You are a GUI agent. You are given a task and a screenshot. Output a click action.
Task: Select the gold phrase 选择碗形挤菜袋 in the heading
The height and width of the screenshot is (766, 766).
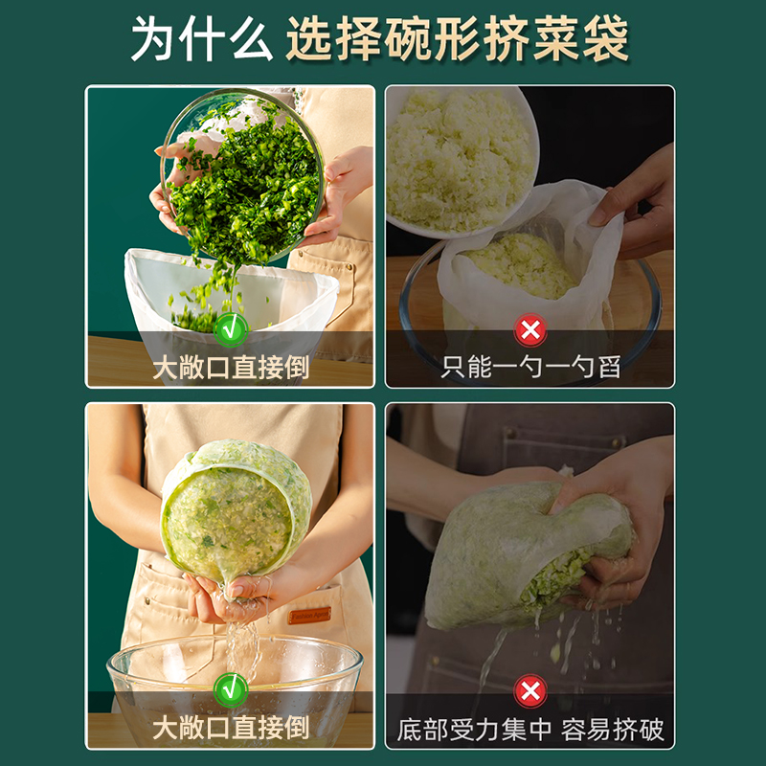[x=457, y=39]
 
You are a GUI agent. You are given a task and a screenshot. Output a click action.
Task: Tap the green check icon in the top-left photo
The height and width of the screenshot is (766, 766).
[x=230, y=329]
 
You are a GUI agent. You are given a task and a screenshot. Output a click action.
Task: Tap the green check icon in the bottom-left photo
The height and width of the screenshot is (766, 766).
[x=230, y=688]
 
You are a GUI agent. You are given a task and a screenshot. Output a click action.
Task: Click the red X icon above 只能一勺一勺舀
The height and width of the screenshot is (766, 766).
[x=529, y=330]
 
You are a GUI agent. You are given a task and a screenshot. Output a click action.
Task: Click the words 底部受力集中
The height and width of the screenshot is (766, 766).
[x=475, y=730]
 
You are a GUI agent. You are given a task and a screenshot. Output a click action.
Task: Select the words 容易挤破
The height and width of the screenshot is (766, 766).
[x=613, y=730]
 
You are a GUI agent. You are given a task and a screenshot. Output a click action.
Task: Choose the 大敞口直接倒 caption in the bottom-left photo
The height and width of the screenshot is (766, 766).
[x=230, y=729]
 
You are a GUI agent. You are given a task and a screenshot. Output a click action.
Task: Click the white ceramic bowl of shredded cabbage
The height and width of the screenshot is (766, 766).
[x=458, y=158]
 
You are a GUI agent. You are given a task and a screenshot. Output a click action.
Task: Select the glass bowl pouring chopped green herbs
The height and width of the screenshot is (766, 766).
[x=244, y=172]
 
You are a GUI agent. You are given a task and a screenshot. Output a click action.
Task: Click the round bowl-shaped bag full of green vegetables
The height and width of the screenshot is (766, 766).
[x=235, y=512]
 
